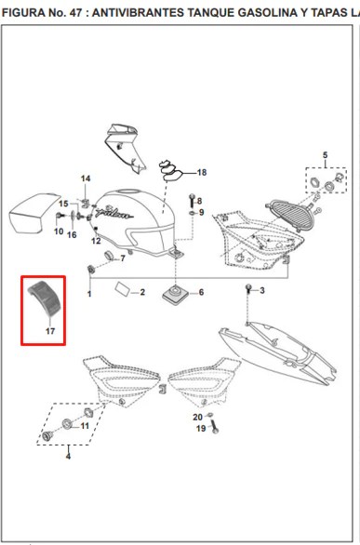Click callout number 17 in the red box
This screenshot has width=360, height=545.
pyautogui.click(x=50, y=331)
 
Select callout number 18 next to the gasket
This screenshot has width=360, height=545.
pyautogui.click(x=202, y=172)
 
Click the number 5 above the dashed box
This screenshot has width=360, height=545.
pyautogui.click(x=325, y=155)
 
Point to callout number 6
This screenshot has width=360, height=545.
pyautogui.click(x=201, y=292)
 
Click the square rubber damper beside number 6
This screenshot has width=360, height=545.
pyautogui.click(x=174, y=295)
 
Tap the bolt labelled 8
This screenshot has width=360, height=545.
pyautogui.click(x=192, y=200)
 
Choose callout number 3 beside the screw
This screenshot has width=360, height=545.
pyautogui.click(x=262, y=290)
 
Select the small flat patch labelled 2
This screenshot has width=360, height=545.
pyautogui.click(x=121, y=288)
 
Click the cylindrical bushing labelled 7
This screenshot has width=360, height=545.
pyautogui.click(x=110, y=256)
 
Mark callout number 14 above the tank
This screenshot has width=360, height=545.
pyautogui.click(x=86, y=179)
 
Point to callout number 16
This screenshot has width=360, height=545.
pyautogui.click(x=72, y=235)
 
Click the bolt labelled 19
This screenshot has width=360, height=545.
pyautogui.click(x=214, y=427)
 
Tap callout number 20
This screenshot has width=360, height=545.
pyautogui.click(x=198, y=417)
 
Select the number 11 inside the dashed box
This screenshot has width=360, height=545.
pyautogui.click(x=85, y=425)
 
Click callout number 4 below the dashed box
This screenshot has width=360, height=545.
pyautogui.click(x=68, y=456)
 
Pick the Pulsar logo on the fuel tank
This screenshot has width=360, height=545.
pyautogui.click(x=114, y=212)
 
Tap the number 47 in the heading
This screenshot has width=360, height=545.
pyautogui.click(x=76, y=13)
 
